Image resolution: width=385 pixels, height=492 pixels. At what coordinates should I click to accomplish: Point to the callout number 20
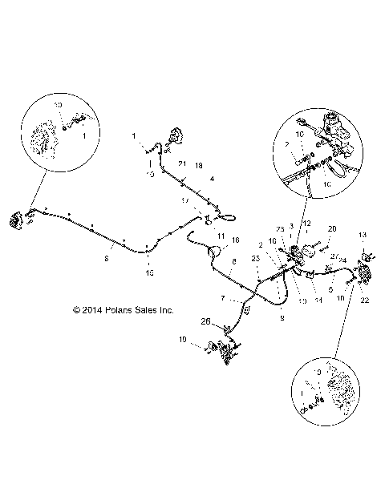[x=332, y=228]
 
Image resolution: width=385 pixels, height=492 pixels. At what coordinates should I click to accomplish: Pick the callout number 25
[x=255, y=258]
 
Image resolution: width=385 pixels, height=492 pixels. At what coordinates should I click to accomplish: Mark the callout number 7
[x=223, y=298]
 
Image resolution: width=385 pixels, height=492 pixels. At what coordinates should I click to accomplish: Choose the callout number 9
[x=280, y=317]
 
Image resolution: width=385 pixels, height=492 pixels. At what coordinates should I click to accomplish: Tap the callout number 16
[x=235, y=240]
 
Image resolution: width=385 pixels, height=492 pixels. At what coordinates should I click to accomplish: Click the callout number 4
[x=212, y=179]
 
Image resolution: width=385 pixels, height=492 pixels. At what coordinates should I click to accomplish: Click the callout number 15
[x=150, y=274]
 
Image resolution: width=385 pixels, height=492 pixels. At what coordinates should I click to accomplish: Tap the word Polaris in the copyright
[x=119, y=309]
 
